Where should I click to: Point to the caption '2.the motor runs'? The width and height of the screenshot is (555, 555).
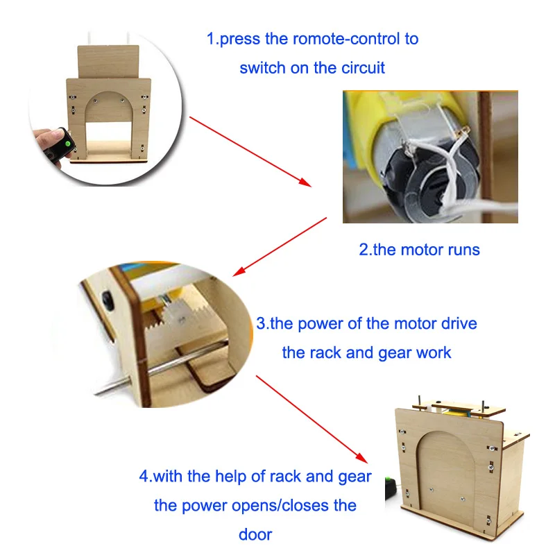419,250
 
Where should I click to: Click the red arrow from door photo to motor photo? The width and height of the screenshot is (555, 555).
250,151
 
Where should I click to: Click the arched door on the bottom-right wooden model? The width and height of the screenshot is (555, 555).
447,479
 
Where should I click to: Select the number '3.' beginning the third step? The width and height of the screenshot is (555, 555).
263,323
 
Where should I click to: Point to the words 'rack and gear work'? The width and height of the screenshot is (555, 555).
366,352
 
